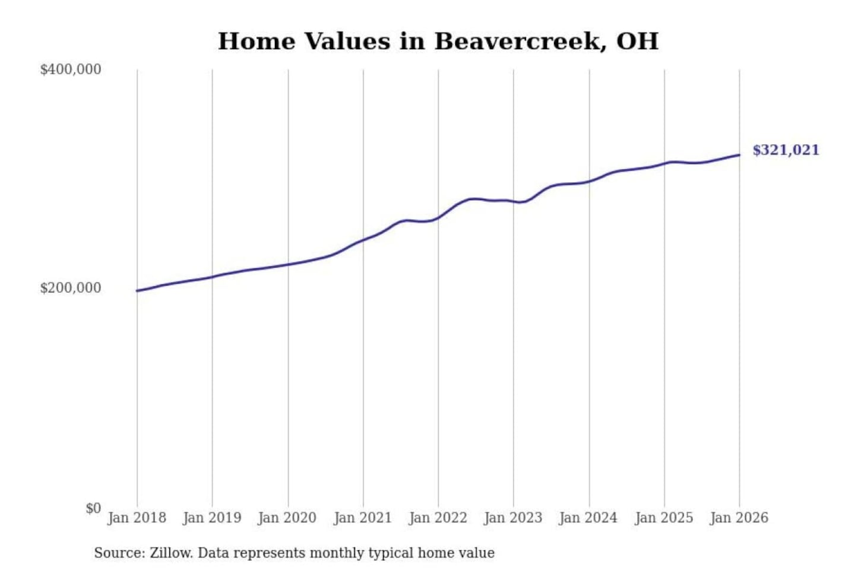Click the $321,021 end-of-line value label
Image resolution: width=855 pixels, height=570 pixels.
(x=786, y=150)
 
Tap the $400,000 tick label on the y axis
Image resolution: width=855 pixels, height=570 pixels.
(x=71, y=69)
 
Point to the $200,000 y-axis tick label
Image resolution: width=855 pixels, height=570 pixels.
(x=71, y=288)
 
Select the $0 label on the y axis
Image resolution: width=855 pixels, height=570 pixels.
(x=93, y=508)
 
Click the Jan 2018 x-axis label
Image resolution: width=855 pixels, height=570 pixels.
(x=137, y=518)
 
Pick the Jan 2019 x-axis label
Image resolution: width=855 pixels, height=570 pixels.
(x=212, y=518)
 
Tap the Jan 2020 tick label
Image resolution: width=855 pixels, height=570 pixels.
(x=287, y=518)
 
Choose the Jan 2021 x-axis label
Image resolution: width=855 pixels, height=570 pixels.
(x=363, y=518)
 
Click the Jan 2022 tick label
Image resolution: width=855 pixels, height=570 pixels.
(x=438, y=518)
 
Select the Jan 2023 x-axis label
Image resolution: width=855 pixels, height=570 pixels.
(x=514, y=518)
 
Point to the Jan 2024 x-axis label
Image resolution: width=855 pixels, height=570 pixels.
(x=588, y=518)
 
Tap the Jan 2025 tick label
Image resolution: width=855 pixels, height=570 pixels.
(x=664, y=518)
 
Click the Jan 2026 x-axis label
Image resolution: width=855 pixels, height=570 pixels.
(x=739, y=518)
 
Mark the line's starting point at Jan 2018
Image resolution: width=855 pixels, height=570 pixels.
(x=137, y=291)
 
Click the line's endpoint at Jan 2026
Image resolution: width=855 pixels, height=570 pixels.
(x=739, y=155)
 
